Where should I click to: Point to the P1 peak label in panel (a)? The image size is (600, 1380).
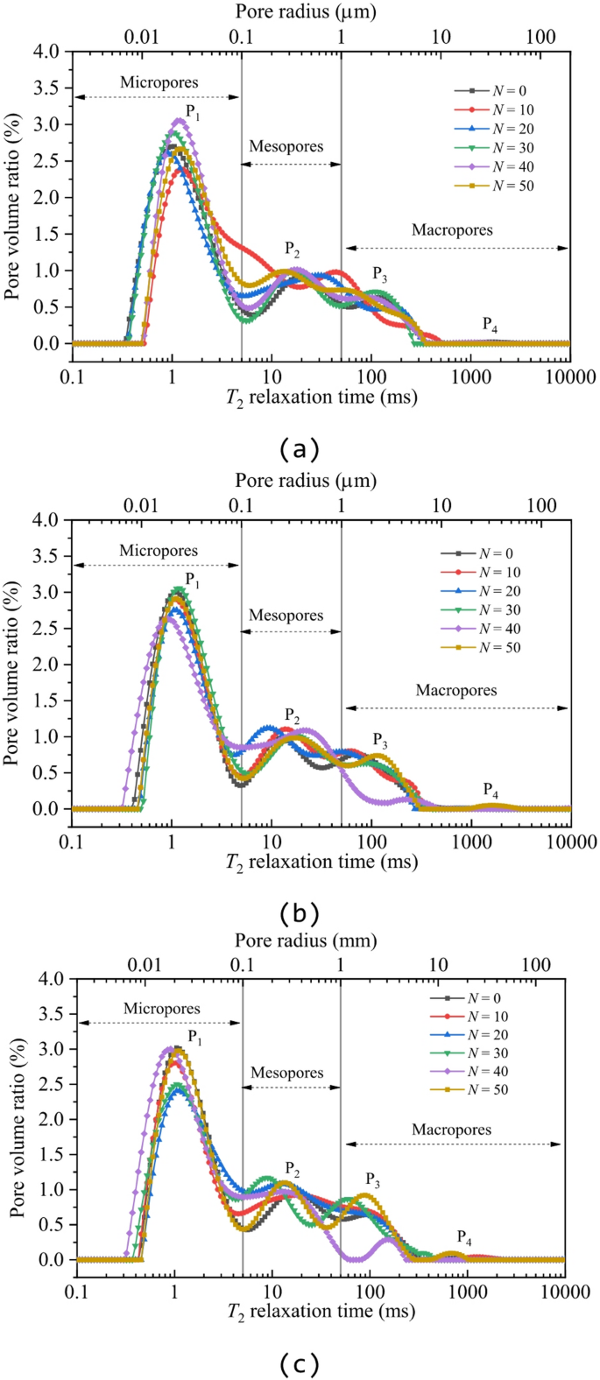[x=193, y=112]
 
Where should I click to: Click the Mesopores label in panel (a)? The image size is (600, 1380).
[x=286, y=146]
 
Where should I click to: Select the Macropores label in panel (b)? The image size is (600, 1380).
[x=455, y=691]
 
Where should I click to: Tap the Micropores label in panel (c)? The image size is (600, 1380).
[x=162, y=1009]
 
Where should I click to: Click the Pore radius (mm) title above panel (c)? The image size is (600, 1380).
[x=306, y=940]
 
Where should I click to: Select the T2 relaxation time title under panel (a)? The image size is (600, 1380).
[x=321, y=397]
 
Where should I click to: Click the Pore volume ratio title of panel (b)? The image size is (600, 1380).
[x=13, y=663]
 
